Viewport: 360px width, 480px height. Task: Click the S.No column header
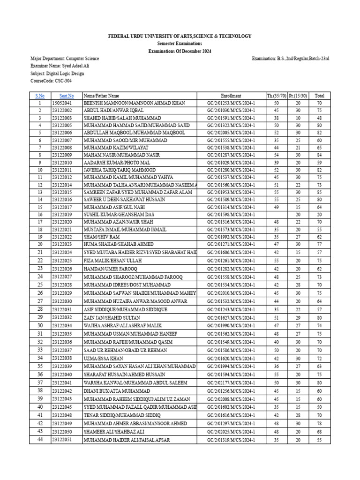point(40,96)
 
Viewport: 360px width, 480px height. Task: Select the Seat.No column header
point(67,96)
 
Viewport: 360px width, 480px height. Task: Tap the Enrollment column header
point(231,96)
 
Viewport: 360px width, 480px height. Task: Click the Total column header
point(319,96)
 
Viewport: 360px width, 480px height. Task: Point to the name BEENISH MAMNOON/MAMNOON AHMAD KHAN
point(135,103)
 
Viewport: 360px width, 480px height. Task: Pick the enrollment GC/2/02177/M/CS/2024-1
point(231,382)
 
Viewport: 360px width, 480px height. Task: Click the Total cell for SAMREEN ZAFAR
point(319,192)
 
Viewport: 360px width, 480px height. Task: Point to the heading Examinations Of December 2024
point(180,51)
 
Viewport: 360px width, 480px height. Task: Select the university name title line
point(180,36)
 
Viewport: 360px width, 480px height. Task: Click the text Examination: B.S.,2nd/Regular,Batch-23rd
point(291,58)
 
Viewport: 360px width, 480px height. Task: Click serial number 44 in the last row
point(40,440)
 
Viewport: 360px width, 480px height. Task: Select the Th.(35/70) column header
point(276,96)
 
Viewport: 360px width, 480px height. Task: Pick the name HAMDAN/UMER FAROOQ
point(111,269)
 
